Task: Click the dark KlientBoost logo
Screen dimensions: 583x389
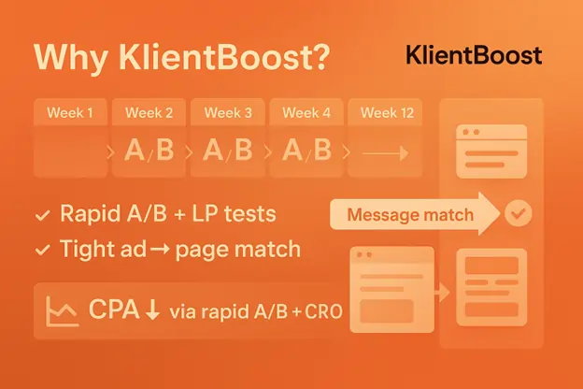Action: (x=474, y=56)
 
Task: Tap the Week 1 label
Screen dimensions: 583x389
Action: (x=70, y=113)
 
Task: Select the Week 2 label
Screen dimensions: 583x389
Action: (x=149, y=113)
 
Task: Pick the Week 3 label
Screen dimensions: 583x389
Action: (x=228, y=113)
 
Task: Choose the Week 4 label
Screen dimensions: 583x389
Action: (x=306, y=113)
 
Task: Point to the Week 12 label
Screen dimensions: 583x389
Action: (x=387, y=113)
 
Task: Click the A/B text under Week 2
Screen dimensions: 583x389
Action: (x=149, y=150)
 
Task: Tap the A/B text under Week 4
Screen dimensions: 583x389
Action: (x=306, y=150)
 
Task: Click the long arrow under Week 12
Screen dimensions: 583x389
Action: (x=385, y=153)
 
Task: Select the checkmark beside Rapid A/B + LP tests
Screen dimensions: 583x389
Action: (x=42, y=215)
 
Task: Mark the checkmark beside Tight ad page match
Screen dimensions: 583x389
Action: (x=42, y=250)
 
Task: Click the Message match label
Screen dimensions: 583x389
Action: (x=410, y=215)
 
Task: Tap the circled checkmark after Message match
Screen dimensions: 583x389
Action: (x=519, y=213)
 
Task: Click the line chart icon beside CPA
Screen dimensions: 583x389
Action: (x=62, y=311)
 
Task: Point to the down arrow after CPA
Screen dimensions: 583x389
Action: (x=152, y=310)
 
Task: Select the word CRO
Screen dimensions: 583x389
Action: (x=323, y=312)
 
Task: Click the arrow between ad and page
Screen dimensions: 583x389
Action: (x=161, y=249)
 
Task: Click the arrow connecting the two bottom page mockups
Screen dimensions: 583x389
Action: (x=442, y=292)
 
